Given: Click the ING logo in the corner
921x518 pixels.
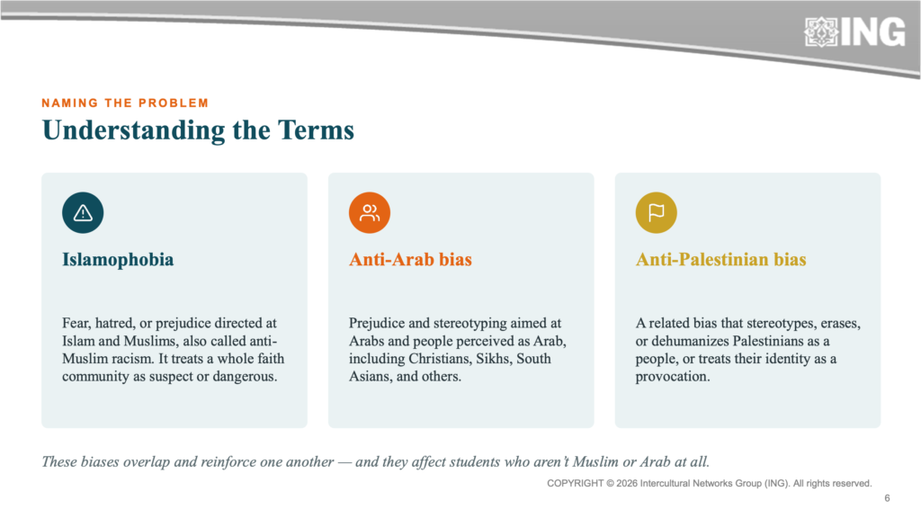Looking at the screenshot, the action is (x=854, y=31).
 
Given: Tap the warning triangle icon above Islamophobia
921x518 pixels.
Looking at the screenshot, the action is (x=83, y=212).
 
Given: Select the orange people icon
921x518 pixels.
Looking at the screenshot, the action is (x=370, y=212).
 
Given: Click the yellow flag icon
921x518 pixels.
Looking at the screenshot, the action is (x=656, y=212).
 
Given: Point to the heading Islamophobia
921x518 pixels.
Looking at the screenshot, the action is (x=118, y=260).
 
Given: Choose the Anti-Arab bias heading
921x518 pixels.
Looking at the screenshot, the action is (x=410, y=260).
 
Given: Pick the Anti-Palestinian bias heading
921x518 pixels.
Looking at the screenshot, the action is (x=720, y=260).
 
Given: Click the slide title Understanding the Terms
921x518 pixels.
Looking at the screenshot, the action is (x=198, y=130).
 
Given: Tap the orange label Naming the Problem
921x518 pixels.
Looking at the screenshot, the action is (x=125, y=103).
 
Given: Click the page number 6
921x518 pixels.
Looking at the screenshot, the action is (x=887, y=498).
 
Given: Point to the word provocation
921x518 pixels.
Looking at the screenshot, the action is (x=673, y=377).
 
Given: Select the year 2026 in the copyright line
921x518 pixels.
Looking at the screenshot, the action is (x=627, y=483).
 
